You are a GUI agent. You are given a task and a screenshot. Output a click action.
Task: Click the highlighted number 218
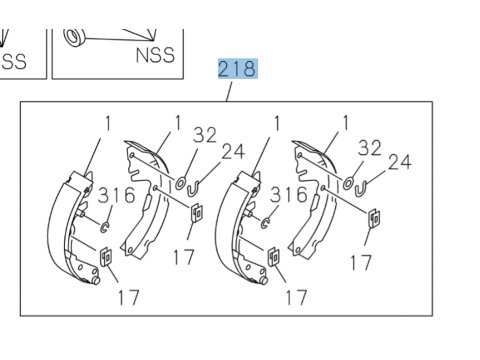pos(238,69)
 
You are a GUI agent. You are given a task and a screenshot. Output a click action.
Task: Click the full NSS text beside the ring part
pos(155,55)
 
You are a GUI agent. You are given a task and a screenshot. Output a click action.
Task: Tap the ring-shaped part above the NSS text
pos(74,37)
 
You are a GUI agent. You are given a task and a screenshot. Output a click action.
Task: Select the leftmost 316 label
pos(117,195)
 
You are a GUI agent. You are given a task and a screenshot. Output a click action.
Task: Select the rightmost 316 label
pos(289,195)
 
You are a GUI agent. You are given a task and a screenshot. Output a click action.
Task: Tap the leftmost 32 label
pos(205,135)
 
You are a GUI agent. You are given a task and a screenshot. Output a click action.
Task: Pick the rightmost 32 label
pos(370,148)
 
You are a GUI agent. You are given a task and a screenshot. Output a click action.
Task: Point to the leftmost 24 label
pos(233,151)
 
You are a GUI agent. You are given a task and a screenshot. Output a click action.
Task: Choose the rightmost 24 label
pos(400,162)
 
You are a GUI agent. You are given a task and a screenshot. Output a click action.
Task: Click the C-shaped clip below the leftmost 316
pos(104,227)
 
